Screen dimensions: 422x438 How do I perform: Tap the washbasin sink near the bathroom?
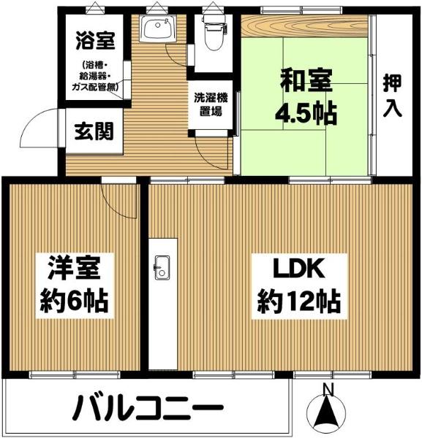coord(158,28)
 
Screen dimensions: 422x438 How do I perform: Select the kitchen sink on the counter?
coord(162,267)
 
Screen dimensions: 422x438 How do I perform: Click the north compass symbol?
coord(326,414)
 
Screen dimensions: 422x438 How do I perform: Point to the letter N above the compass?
coord(328,390)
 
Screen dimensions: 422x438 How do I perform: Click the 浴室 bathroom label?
coord(95,40)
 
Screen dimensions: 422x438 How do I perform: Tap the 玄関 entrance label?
coord(94,131)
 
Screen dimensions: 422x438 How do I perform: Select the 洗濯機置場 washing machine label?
coord(211,104)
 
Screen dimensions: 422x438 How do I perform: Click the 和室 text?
coord(306,80)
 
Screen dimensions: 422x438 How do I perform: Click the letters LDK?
coord(299,269)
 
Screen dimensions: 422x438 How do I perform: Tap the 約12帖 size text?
coord(299,301)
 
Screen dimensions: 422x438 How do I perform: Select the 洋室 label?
coord(74,268)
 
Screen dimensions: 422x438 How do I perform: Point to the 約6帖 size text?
coord(74,301)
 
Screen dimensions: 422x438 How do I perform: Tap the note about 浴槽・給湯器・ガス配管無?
coord(95,76)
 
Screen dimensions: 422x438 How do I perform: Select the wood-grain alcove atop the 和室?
coord(304,26)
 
